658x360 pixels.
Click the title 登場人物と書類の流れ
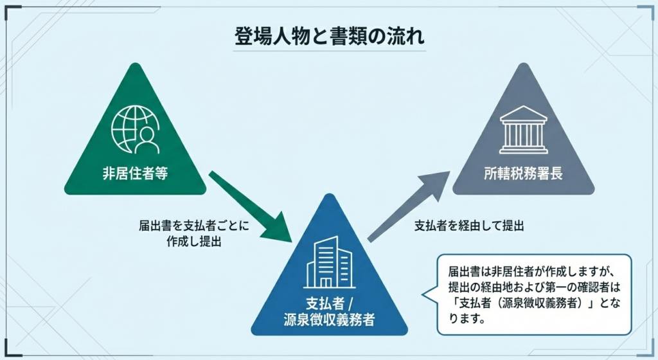328,36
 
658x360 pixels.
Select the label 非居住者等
135,174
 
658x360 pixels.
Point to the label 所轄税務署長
524,174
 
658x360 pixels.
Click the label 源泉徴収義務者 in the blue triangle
329,319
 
